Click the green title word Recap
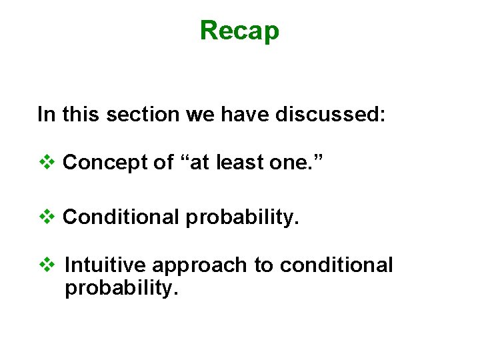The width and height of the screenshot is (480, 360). pos(239,31)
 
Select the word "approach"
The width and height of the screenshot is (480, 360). pos(199,265)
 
